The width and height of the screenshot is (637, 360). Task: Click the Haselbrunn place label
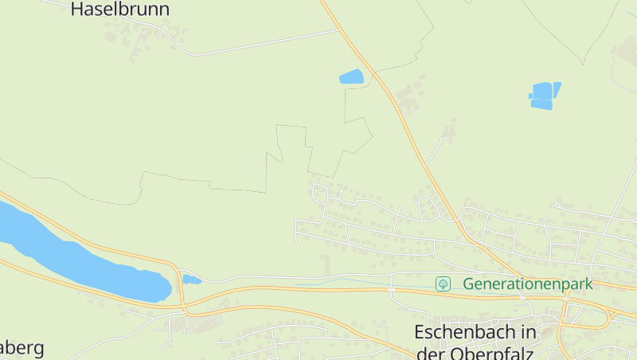[x=120, y=9]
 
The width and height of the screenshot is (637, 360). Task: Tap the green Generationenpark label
[x=528, y=284]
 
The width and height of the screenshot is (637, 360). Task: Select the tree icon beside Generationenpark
[x=444, y=284]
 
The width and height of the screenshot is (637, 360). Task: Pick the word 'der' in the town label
[x=430, y=352]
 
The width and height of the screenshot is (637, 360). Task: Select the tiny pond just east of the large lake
[x=191, y=280]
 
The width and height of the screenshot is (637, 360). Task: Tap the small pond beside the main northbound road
[x=351, y=77]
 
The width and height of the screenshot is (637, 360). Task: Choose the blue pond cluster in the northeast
[x=543, y=96]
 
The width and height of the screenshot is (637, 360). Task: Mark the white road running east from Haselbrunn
[x=263, y=45]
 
